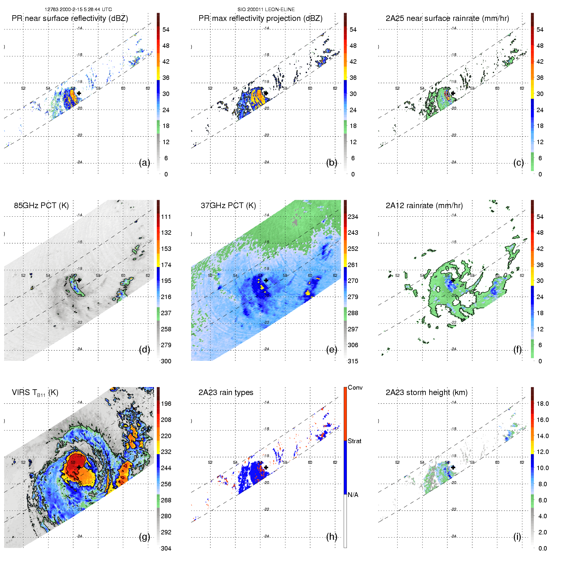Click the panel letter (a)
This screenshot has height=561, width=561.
(x=144, y=163)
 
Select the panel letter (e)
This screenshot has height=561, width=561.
(x=331, y=350)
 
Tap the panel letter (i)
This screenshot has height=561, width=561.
(x=517, y=537)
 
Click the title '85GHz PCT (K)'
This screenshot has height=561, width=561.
(x=41, y=206)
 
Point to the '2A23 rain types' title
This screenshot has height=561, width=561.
(x=226, y=392)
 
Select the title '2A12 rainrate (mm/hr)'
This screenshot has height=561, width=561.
(x=424, y=206)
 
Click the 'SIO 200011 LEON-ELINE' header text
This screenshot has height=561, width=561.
(x=266, y=10)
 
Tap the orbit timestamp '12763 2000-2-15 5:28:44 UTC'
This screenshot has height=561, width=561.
(x=78, y=10)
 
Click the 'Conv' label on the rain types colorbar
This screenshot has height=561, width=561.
(x=355, y=387)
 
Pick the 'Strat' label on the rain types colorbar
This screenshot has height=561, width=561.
(x=354, y=441)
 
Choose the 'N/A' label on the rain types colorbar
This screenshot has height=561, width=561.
(x=353, y=495)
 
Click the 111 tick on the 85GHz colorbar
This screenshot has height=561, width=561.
(x=166, y=217)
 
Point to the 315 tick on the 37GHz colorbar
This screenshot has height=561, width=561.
(x=353, y=361)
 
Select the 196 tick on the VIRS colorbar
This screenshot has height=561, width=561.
(x=166, y=404)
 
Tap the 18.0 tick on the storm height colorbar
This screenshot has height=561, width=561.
(x=542, y=404)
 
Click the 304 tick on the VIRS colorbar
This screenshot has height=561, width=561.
(x=166, y=548)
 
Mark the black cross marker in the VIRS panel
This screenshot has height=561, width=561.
(x=79, y=467)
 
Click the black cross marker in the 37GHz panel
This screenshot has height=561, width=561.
(x=266, y=280)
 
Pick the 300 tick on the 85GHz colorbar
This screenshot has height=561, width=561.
(x=166, y=361)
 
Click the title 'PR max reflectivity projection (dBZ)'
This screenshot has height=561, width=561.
(x=260, y=18)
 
